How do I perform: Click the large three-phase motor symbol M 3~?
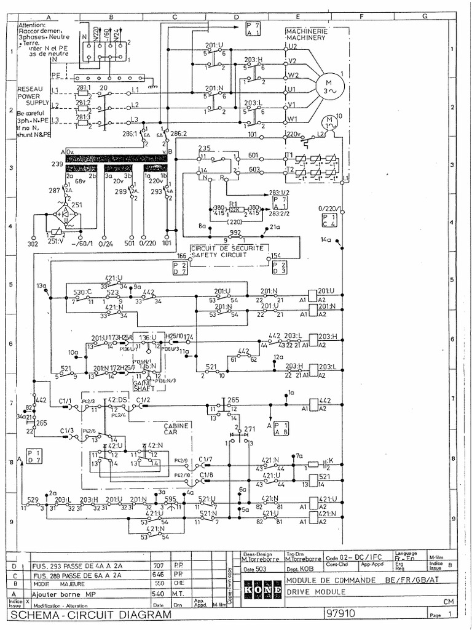[327, 87]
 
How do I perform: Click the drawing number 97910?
[343, 613]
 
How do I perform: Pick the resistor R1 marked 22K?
[233, 209]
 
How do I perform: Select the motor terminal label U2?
[293, 47]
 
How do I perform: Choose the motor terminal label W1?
[293, 119]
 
